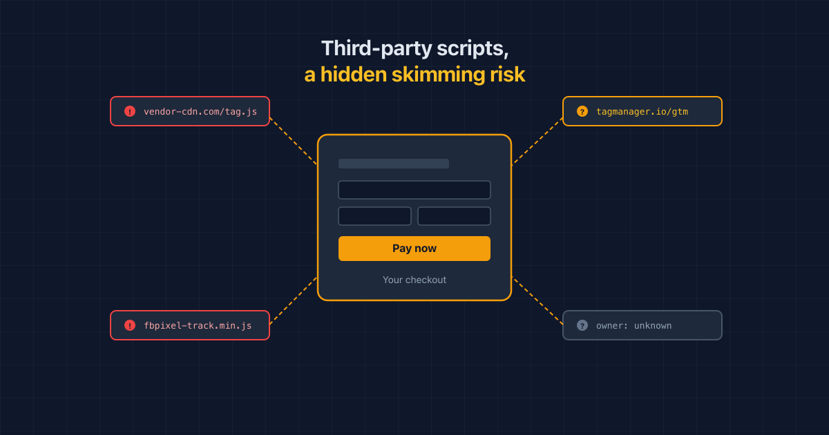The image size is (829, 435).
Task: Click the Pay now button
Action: (x=414, y=248)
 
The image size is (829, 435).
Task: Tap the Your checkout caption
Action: (x=414, y=280)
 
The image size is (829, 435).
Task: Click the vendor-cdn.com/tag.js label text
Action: (x=200, y=111)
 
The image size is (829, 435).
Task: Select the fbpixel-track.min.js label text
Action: (x=198, y=325)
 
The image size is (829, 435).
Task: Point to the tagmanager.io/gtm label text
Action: (x=642, y=111)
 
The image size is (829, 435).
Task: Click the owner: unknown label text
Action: (x=633, y=325)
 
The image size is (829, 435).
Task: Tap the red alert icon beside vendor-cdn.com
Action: (x=130, y=111)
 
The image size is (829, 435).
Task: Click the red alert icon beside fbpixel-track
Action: (x=130, y=325)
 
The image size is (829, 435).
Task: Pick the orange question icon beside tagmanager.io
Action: (x=582, y=111)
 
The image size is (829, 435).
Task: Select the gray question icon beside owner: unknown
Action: (x=582, y=325)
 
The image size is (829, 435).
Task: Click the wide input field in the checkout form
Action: (x=414, y=190)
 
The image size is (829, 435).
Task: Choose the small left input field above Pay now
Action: (x=374, y=216)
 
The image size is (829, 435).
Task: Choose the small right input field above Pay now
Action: (x=454, y=216)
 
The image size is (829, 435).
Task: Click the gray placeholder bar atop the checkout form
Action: (x=393, y=164)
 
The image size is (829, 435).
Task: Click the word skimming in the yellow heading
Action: (x=438, y=75)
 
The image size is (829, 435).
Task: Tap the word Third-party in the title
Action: (x=377, y=48)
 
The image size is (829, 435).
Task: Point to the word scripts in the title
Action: (x=473, y=49)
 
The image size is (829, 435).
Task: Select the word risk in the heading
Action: (x=507, y=75)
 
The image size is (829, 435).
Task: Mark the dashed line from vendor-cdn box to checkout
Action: (x=294, y=142)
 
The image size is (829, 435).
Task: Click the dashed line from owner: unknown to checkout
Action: (x=537, y=300)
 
